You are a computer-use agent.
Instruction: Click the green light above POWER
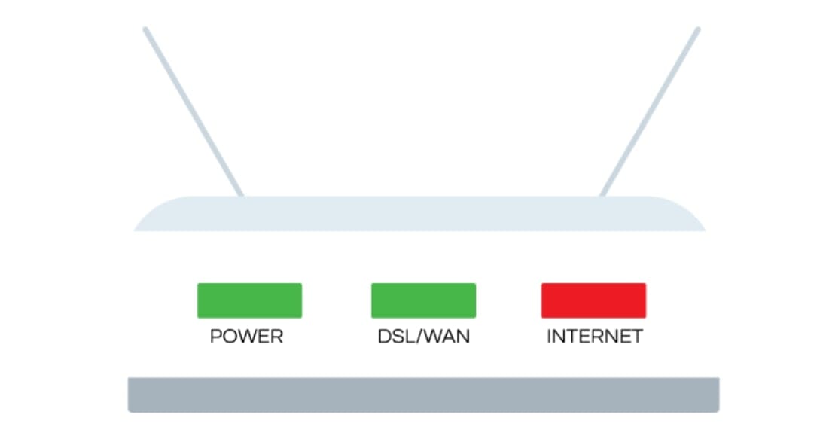(249, 300)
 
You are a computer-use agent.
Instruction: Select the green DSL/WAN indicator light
(423, 300)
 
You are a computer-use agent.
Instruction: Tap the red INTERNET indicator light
(593, 300)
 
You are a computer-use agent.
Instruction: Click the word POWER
(246, 337)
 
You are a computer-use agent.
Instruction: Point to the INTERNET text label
(595, 337)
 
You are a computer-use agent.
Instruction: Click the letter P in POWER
(216, 337)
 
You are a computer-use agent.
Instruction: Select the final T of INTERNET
(637, 337)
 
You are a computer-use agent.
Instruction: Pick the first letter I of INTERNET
(550, 337)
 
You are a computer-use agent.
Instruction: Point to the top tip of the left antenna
(145, 30)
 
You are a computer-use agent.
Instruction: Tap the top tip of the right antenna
(697, 30)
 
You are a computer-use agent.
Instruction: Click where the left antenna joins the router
(240, 194)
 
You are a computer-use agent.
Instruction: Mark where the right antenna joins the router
(602, 194)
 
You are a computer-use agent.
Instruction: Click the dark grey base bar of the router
(423, 395)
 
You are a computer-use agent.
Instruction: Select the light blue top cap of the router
(419, 214)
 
